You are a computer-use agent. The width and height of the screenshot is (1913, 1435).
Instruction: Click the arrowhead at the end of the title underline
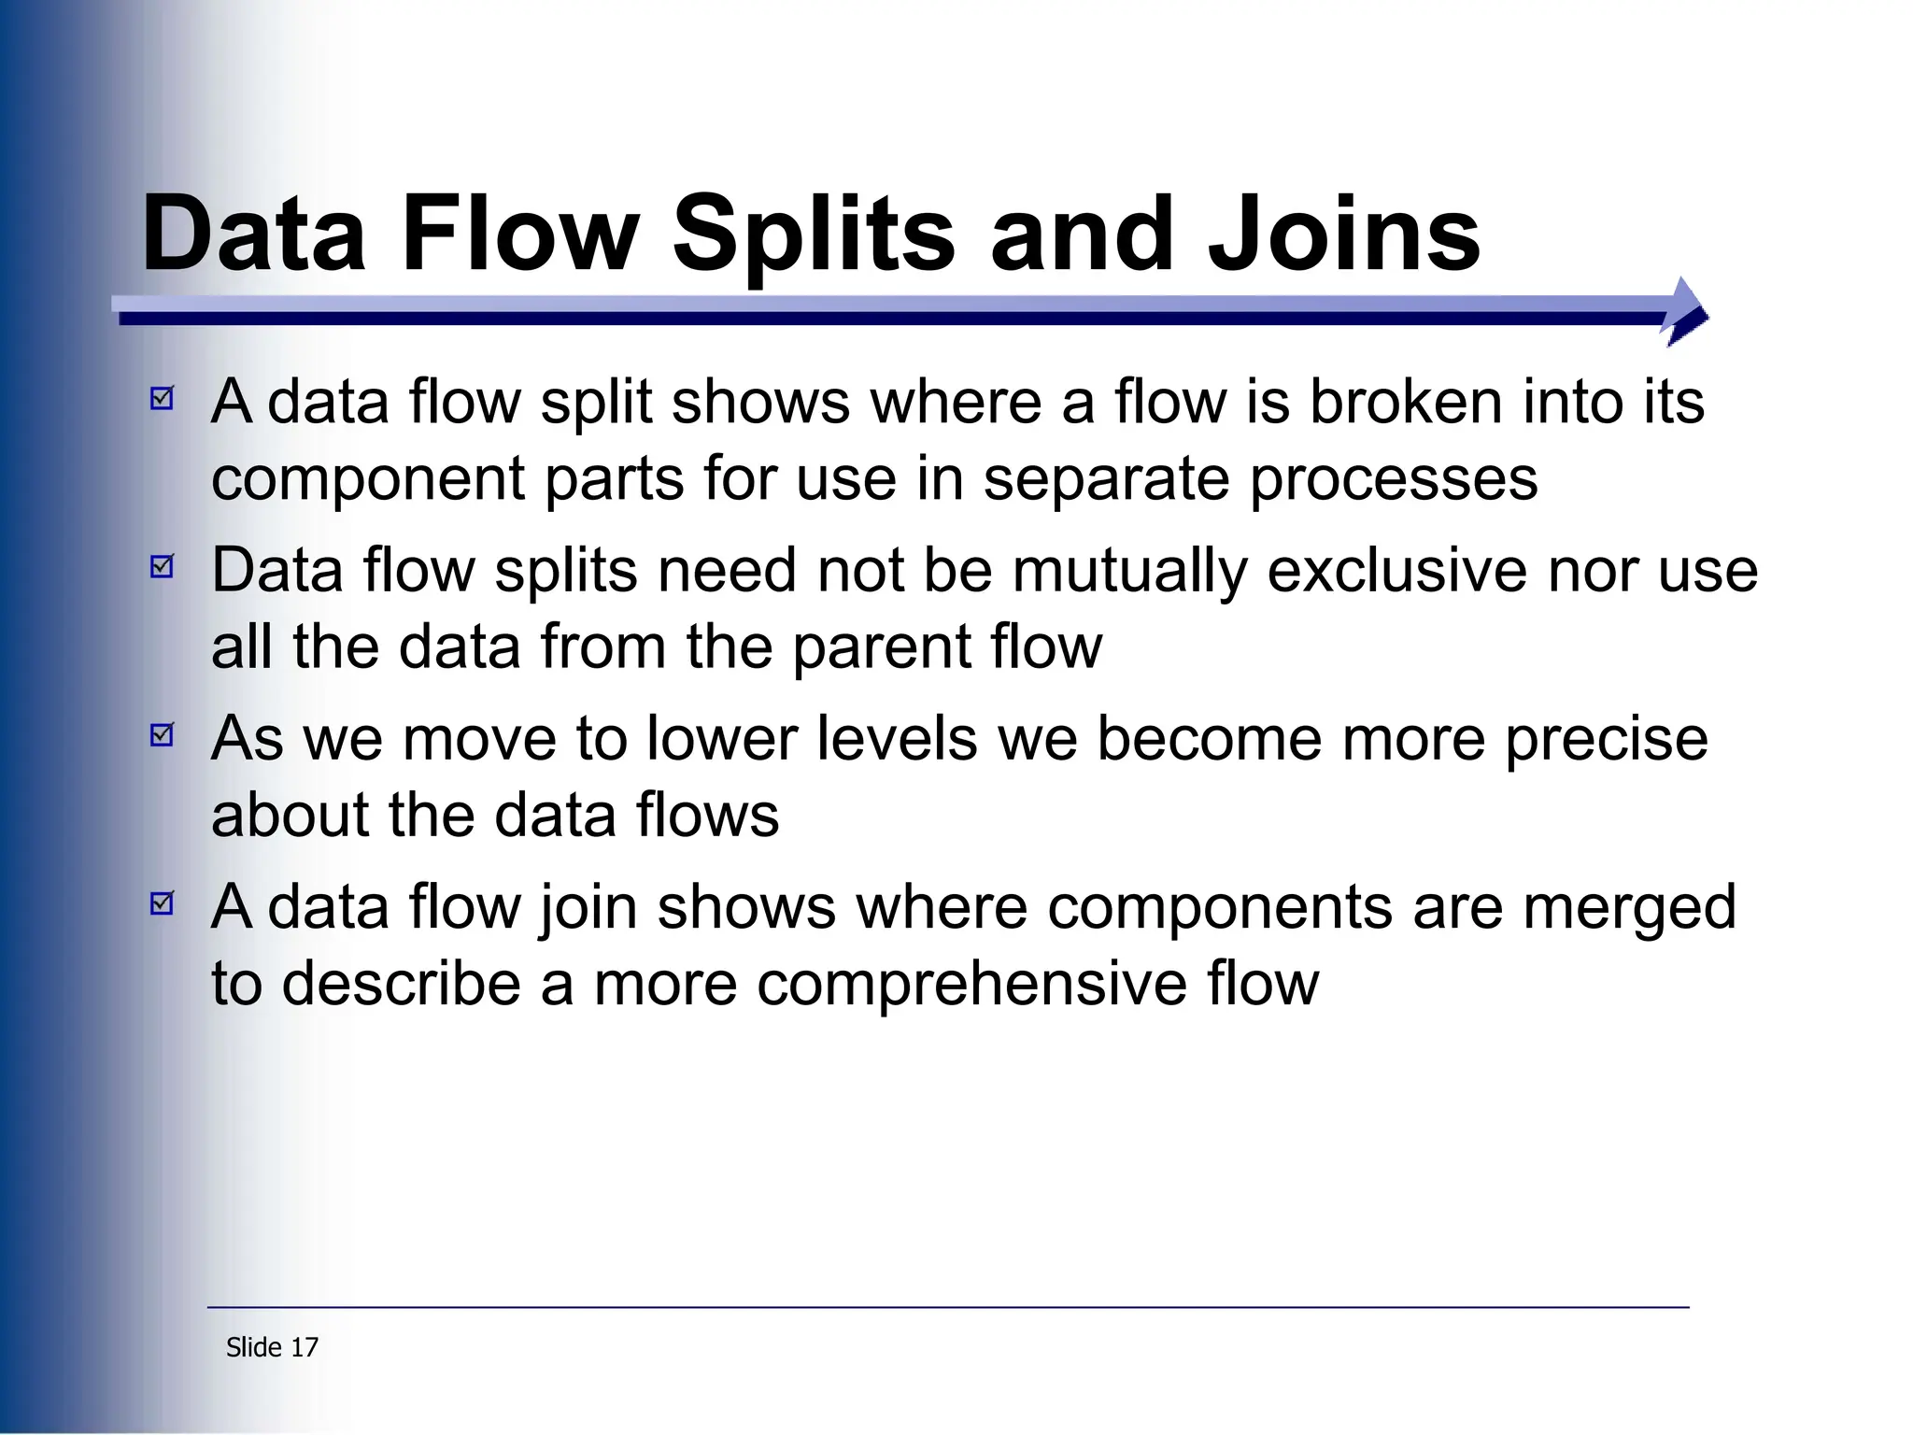(1687, 312)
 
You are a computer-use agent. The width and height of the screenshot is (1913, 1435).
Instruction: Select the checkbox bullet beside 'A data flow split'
(163, 399)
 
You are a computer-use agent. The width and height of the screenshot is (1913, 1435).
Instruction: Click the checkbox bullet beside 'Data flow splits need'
(163, 566)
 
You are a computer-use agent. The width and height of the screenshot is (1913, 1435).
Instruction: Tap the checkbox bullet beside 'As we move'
(163, 735)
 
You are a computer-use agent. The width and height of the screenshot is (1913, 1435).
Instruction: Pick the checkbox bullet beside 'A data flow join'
(163, 903)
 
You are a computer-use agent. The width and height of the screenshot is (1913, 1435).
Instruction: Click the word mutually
(1129, 572)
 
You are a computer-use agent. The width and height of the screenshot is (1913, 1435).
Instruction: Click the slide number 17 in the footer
(305, 1347)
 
